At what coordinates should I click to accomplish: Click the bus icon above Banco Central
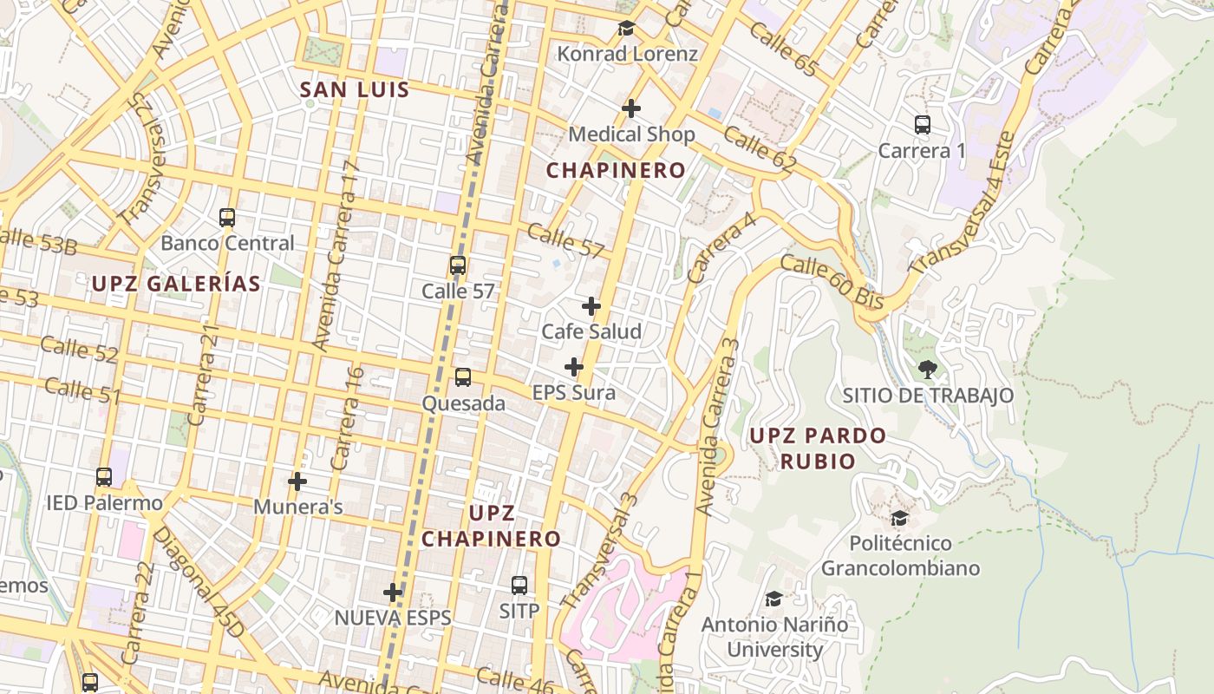pos(227,218)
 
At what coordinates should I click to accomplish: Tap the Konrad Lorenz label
pos(627,54)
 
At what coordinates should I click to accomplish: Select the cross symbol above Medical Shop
pos(631,108)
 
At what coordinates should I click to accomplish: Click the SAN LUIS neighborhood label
pos(355,90)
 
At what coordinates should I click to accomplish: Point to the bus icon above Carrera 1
pos(923,125)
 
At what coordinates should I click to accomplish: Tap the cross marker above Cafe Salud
pos(591,306)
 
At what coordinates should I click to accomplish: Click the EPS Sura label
pos(573,393)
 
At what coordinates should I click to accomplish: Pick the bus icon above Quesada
pos(463,377)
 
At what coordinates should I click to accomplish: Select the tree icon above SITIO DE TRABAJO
pos(928,370)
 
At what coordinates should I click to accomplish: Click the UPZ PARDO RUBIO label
pos(818,448)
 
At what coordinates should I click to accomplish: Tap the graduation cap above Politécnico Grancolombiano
pos(900,518)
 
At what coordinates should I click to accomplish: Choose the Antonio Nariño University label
pos(774,637)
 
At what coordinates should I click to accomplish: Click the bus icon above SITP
pos(519,586)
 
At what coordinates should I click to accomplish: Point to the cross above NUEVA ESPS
pos(393,593)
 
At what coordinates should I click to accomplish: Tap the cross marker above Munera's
pos(297,481)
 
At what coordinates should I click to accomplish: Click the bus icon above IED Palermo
pos(104,477)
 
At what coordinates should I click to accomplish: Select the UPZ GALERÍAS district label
pos(176,284)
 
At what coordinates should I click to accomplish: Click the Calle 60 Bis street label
pos(832,282)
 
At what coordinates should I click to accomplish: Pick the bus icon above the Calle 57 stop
pos(458,265)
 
